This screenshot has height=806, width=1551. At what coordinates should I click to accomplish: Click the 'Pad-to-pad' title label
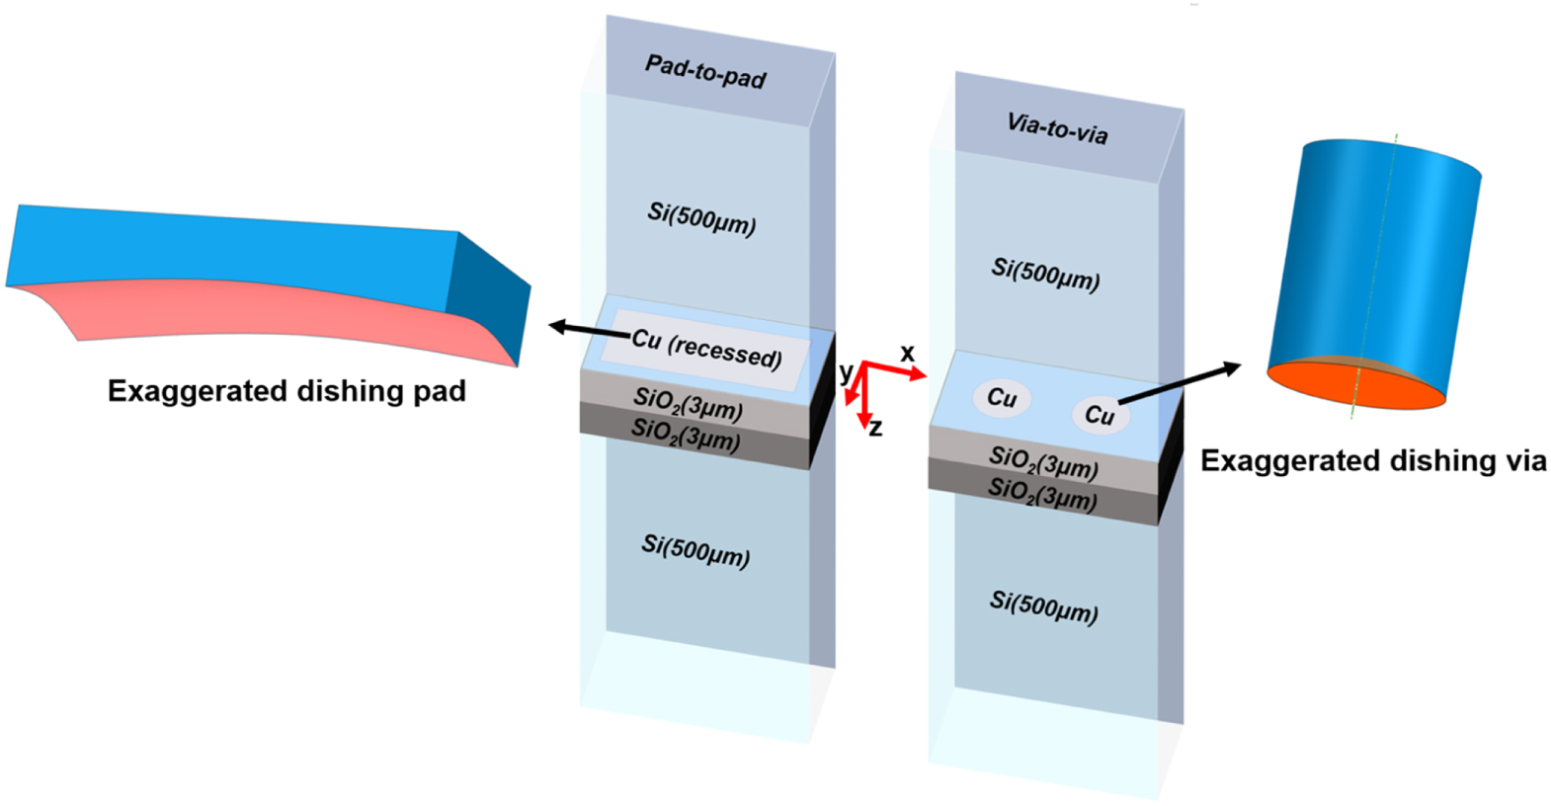click(x=705, y=72)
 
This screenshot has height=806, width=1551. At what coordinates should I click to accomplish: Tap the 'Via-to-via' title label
click(x=1057, y=128)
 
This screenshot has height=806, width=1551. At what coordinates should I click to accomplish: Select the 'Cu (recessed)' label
click(x=707, y=347)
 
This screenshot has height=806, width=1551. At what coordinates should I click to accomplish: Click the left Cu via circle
click(x=1002, y=397)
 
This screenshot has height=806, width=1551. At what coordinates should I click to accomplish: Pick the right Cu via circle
click(x=1099, y=415)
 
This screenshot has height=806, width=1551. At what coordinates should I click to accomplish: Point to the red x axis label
click(x=907, y=353)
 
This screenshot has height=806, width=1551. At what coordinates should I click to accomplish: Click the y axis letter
click(x=846, y=372)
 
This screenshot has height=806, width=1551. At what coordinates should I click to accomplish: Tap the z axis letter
click(x=875, y=428)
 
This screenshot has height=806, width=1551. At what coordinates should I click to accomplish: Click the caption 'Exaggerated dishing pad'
click(x=286, y=391)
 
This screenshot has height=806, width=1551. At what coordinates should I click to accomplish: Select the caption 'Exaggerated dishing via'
click(x=1373, y=460)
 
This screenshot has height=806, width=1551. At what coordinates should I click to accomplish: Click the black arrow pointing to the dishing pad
click(x=588, y=330)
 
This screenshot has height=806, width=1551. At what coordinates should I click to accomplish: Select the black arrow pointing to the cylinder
click(x=1180, y=383)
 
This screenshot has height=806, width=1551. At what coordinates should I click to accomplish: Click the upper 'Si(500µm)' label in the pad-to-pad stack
click(x=701, y=218)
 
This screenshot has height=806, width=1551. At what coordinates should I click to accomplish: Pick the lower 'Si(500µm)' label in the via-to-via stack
click(x=1044, y=606)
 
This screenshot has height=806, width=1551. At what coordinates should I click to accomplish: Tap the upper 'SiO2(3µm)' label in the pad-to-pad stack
click(x=688, y=404)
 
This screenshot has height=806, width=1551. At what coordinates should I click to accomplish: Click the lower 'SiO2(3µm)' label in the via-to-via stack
click(x=1042, y=494)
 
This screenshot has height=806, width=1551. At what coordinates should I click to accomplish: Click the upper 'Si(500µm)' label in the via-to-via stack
click(x=1045, y=275)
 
